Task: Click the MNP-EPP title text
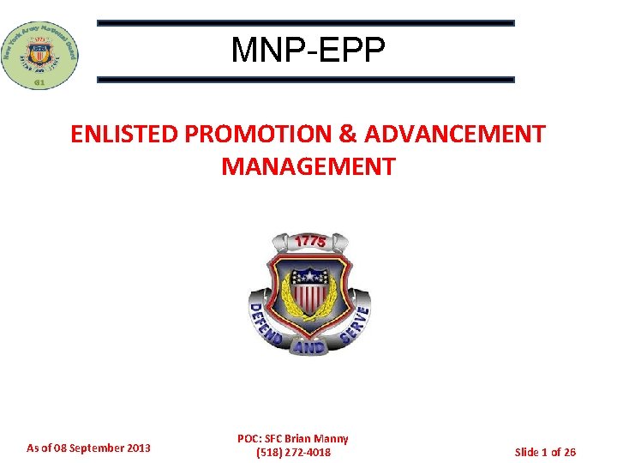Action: pos(308,51)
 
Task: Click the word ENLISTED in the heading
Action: pos(123,135)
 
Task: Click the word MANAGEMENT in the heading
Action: pos(308,165)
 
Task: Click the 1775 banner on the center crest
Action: pos(309,242)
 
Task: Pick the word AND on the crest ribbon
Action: pos(308,347)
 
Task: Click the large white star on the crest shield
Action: pos(308,277)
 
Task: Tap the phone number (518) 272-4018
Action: pos(293,452)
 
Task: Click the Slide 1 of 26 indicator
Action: pos(545,451)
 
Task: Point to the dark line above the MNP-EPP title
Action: pos(305,23)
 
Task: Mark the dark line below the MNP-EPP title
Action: pos(305,80)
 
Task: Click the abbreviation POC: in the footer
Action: pos(250,438)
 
